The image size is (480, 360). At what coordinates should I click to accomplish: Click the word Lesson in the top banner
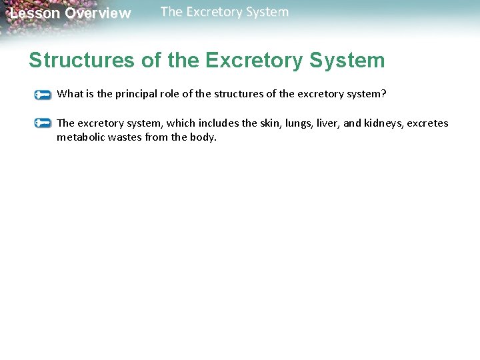35,13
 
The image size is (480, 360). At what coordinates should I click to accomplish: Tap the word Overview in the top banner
98,13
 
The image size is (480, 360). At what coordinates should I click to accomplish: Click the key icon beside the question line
43,95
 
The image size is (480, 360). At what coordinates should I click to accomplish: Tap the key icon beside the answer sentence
43,123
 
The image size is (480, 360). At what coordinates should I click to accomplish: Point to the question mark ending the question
383,94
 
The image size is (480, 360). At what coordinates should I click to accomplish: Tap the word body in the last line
204,138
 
